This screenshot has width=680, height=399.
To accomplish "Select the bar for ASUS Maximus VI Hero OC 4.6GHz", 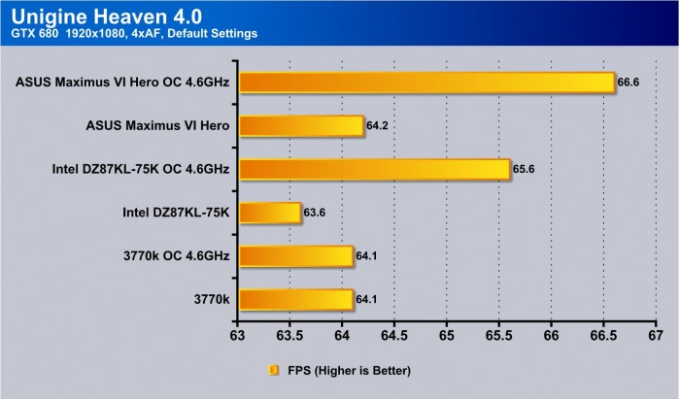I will coord(426,82).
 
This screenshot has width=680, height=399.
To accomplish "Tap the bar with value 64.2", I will coord(300,125).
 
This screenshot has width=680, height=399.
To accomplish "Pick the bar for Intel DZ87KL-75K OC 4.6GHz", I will coord(374,169).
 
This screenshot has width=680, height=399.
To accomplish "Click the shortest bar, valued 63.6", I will coord(269,213).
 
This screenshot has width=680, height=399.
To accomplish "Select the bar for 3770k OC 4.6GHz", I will coord(295,255).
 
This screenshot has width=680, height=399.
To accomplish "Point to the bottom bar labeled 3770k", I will coord(295,299).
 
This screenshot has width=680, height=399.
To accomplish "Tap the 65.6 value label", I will coord(525,169).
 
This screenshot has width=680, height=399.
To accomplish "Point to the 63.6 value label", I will coord(316,213).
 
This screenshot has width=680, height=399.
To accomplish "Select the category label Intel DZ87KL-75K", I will coord(176,213).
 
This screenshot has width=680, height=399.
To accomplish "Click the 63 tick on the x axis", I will coord(237,336).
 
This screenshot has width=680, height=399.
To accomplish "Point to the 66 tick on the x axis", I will coord(551,336).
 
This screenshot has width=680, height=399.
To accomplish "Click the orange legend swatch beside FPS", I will coord(273,370).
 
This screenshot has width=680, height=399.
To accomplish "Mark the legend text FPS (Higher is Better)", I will coord(348,370).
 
